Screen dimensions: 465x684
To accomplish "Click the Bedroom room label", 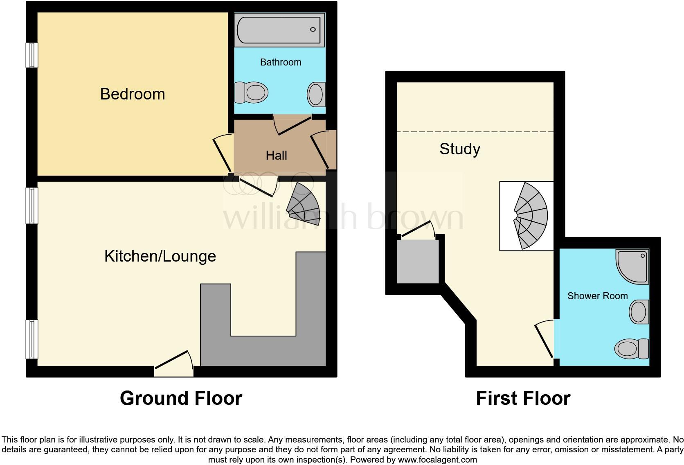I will [132, 94].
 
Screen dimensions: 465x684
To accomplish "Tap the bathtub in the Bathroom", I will [279, 30].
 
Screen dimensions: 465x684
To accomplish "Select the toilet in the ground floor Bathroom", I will [251, 92].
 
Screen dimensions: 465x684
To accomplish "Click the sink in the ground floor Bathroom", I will [316, 94].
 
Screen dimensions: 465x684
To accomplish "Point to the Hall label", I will [276, 156].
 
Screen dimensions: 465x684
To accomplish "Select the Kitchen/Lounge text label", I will [160, 256].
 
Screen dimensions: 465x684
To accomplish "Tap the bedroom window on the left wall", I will [32, 55].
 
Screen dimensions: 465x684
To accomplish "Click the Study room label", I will [459, 149].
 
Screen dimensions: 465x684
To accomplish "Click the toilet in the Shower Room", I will [632, 349].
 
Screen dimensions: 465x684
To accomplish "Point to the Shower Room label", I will [597, 296].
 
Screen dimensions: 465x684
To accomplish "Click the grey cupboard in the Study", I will [418, 262].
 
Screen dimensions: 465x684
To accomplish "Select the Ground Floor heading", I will [181, 398].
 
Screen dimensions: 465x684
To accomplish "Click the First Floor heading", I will [523, 398].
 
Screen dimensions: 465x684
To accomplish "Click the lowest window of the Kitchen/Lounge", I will [32, 339].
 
